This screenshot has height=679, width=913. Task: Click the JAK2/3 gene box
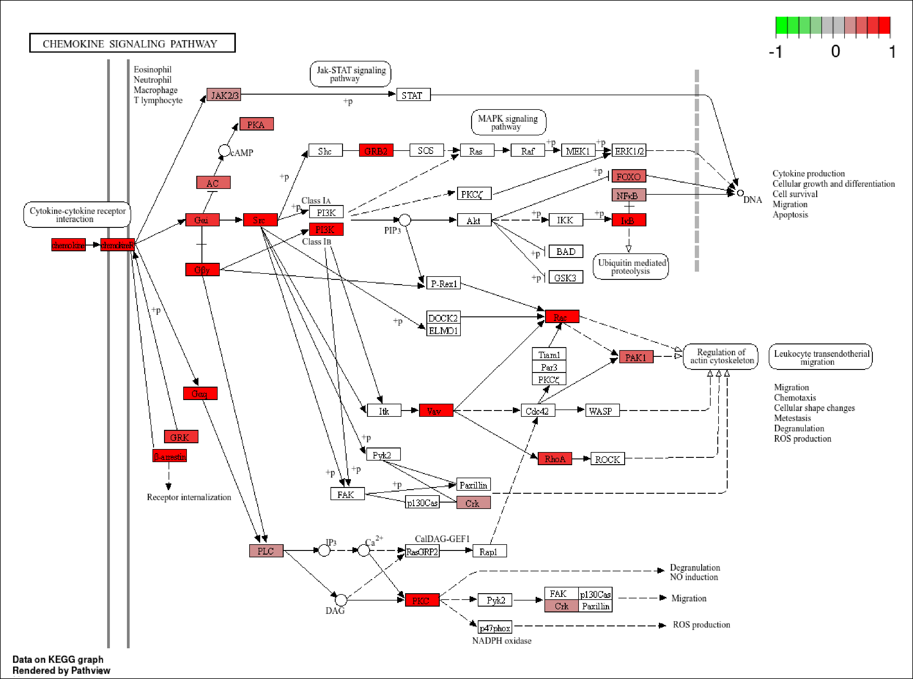(x=224, y=95)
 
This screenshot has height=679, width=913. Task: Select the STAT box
(x=413, y=95)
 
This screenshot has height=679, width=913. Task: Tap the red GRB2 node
(x=376, y=150)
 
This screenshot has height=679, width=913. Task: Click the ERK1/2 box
(x=628, y=150)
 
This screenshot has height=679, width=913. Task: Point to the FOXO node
(x=628, y=176)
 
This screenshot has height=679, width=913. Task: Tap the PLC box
(x=266, y=551)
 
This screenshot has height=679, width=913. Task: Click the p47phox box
(x=495, y=628)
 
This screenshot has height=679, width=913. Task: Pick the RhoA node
(x=554, y=459)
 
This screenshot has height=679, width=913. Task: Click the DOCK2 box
(x=443, y=318)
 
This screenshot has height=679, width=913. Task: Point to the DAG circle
(x=341, y=600)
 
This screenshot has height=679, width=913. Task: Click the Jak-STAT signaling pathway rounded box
(x=350, y=74)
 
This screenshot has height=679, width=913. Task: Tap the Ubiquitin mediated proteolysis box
(x=631, y=267)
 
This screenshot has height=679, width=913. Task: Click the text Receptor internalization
(x=189, y=497)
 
